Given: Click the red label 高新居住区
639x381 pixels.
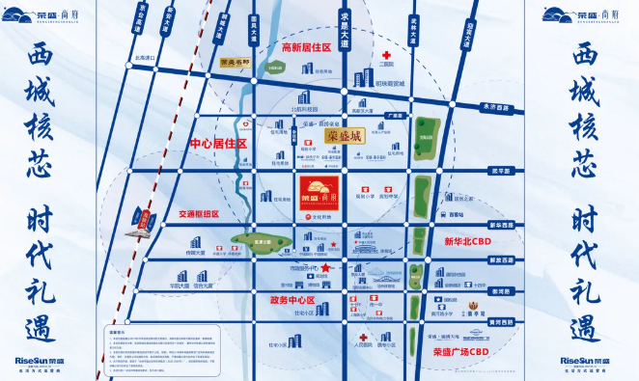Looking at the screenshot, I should [x=306, y=47].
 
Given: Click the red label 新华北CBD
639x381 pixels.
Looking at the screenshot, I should [x=467, y=239].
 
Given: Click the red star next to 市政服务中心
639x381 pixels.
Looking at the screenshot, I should [x=326, y=267].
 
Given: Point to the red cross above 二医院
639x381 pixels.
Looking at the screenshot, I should [x=387, y=55].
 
